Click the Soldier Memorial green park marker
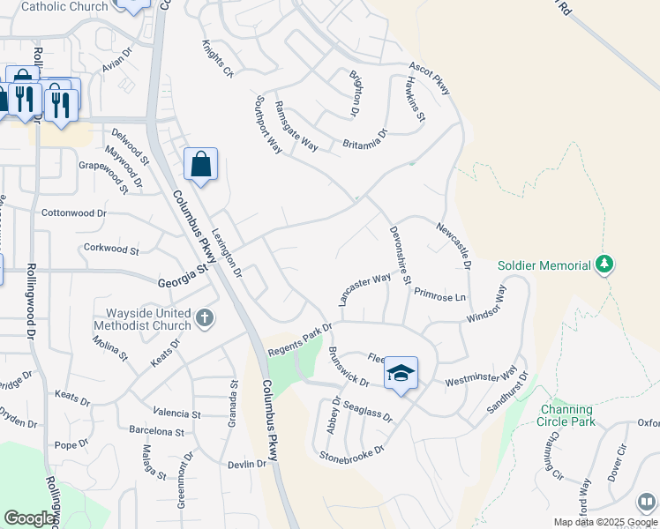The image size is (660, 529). [x=604, y=264]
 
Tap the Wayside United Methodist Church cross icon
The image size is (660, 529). [x=205, y=317]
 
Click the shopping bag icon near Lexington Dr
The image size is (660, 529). [x=201, y=164]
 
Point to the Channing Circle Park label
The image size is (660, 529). [x=568, y=415]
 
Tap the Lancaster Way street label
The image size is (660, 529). [x=364, y=289]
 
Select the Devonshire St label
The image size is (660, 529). [x=401, y=256]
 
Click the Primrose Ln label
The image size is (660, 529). [x=439, y=296]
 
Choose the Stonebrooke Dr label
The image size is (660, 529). [x=352, y=455]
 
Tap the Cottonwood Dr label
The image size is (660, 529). [x=74, y=213]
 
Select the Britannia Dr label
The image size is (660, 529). [x=364, y=140]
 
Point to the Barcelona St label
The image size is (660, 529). [x=155, y=433]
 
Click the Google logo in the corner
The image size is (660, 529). [x=29, y=518]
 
